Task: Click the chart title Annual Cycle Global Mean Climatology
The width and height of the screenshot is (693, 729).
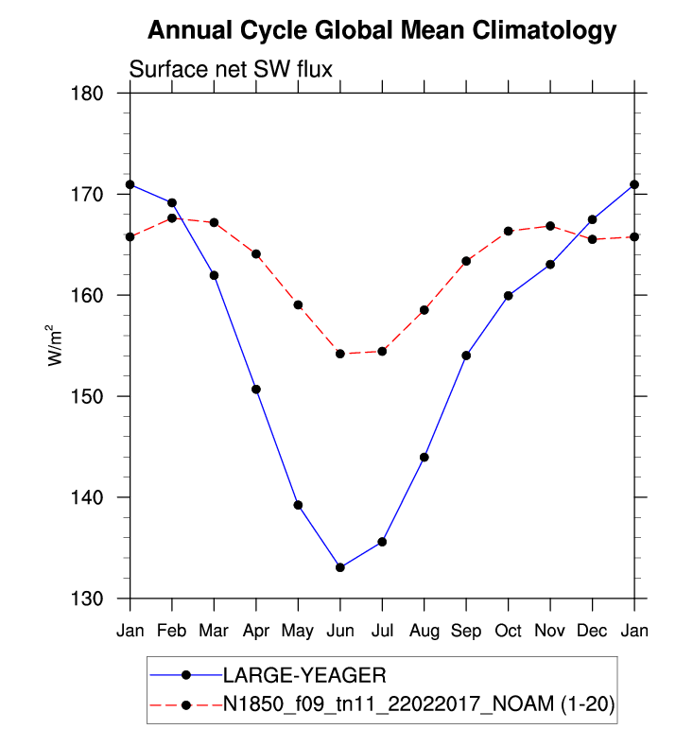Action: pos(382,31)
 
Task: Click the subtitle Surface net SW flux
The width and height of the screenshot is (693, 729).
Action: pos(229,70)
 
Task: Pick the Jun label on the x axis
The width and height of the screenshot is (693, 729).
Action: pos(339,629)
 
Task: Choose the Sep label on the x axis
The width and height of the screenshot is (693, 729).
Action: pos(466,629)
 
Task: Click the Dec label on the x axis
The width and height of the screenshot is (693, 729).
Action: pos(592,629)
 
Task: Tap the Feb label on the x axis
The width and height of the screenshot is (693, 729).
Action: pos(171,629)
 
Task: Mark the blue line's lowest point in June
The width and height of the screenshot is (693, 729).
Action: pos(339,567)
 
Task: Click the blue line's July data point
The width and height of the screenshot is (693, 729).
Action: pos(382,542)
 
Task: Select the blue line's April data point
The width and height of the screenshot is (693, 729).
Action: pos(256,390)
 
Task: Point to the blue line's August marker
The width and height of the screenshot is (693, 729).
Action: pos(424,458)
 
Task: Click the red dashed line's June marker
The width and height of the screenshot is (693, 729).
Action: pos(339,354)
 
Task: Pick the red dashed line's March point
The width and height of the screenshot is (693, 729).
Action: pos(214,223)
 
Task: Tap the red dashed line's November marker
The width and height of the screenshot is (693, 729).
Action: pos(550,226)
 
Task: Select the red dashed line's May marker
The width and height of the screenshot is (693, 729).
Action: pos(298,305)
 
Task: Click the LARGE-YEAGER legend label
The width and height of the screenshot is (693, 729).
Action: pos(304,675)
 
